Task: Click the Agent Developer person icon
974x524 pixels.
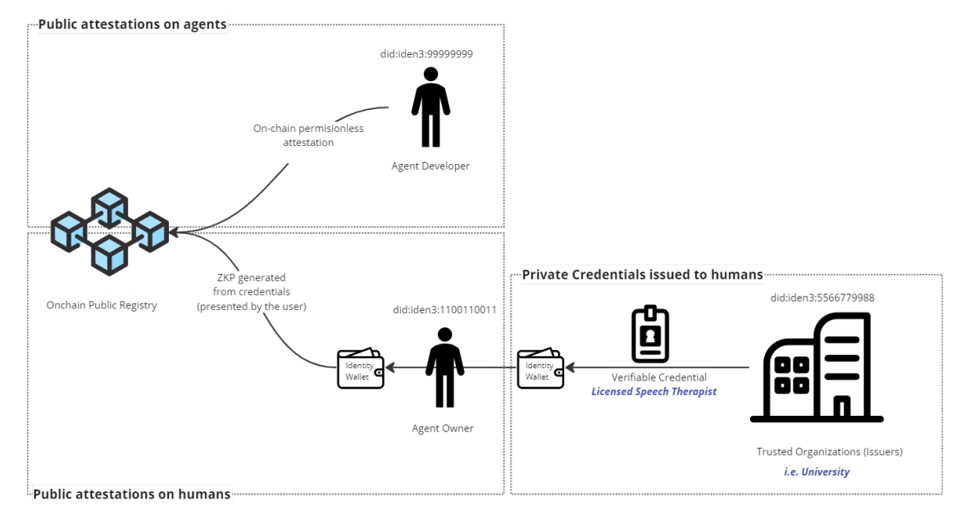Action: click(x=430, y=107)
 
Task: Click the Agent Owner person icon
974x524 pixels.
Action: click(x=444, y=367)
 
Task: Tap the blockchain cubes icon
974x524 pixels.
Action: click(x=109, y=231)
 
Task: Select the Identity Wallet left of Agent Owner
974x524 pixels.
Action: click(x=361, y=369)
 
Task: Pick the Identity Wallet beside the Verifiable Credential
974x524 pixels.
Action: click(x=540, y=369)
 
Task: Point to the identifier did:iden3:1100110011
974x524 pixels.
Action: click(x=444, y=310)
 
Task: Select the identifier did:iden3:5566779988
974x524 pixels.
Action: click(x=822, y=298)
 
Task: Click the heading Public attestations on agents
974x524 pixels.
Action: click(x=132, y=25)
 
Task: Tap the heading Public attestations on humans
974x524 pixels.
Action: click(x=132, y=494)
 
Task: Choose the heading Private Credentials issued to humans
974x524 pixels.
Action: click(x=642, y=274)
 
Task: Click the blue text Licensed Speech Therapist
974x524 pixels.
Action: click(x=653, y=392)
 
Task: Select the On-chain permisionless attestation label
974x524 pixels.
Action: click(x=308, y=135)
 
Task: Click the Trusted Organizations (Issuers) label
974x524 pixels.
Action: click(x=829, y=452)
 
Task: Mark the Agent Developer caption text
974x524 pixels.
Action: click(x=430, y=166)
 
